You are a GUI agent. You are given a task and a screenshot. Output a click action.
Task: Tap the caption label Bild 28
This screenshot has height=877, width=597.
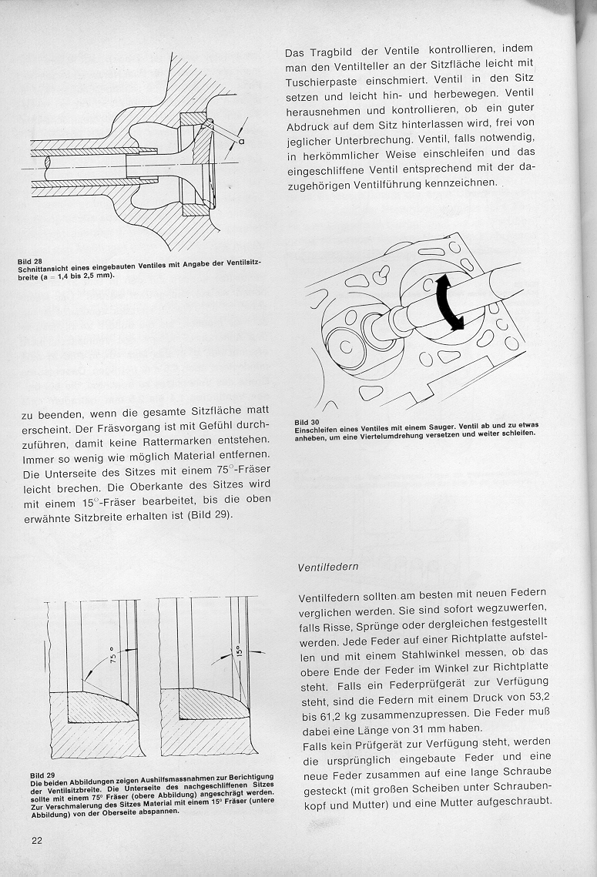(x=29, y=261)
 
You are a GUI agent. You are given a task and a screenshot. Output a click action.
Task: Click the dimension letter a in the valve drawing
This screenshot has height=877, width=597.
(x=242, y=142)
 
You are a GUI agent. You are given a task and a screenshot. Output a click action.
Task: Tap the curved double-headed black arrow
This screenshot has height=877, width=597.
(x=448, y=303)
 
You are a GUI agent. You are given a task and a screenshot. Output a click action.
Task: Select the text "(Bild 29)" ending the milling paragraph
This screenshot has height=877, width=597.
(x=207, y=514)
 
